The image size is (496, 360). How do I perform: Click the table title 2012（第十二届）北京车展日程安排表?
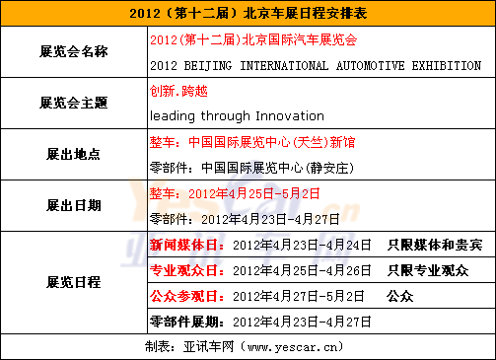[248, 15]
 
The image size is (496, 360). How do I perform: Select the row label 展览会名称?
[74, 51]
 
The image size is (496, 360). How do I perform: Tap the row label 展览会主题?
[74, 103]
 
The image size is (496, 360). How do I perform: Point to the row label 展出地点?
[74, 154]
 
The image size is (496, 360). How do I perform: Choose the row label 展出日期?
[74, 205]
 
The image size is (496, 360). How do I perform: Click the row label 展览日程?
[74, 282]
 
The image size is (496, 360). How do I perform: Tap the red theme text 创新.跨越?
[179, 91]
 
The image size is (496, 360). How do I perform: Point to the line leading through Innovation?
[237, 115]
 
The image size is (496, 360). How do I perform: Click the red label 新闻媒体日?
[186, 243]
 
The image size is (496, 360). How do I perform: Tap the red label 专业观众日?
[186, 269]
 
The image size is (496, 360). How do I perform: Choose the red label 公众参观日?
[186, 295]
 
